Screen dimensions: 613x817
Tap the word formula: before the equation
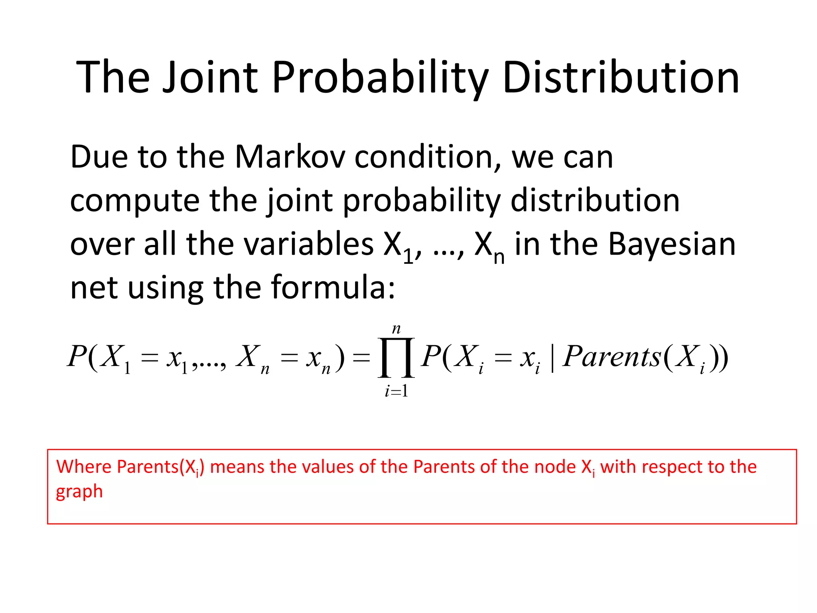pos(333,287)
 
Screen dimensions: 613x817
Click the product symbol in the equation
pos(396,357)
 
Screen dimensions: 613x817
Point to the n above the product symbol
pos(396,328)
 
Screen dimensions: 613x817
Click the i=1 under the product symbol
pos(396,391)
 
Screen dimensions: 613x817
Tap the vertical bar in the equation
pos(552,358)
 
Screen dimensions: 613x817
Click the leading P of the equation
pos(77,356)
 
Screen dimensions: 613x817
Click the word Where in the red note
pos(84,467)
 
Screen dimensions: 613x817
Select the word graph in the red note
pos(79,492)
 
